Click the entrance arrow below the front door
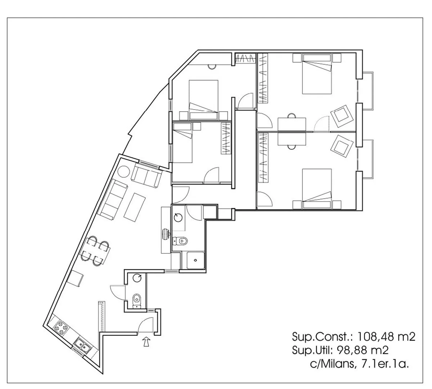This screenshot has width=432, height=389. (147, 342)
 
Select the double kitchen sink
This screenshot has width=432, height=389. (83, 346)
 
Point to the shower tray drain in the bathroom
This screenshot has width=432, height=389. (195, 260)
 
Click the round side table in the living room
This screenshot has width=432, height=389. (123, 172)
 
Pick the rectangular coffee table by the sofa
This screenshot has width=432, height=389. (134, 207)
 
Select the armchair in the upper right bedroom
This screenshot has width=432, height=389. (342, 116)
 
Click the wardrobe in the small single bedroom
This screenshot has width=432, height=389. (226, 138)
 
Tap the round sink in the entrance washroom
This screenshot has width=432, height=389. (137, 278)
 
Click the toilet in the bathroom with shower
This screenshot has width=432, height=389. (180, 240)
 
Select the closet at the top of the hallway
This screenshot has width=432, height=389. (245, 58)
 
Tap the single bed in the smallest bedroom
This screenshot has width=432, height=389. (182, 143)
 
